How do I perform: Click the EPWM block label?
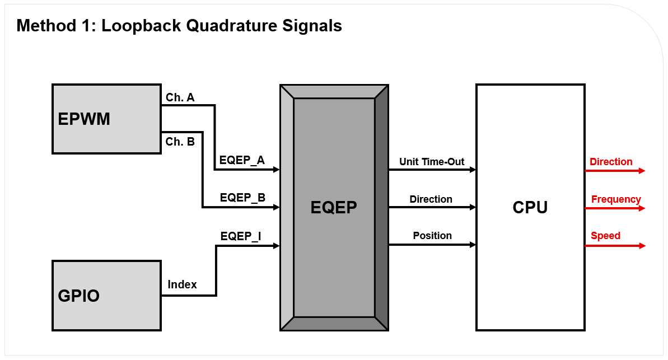pyautogui.click(x=84, y=119)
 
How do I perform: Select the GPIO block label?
pyautogui.click(x=79, y=295)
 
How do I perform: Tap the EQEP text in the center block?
pyautogui.click(x=334, y=208)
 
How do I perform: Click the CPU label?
pyautogui.click(x=530, y=208)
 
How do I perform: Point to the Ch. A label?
pyautogui.click(x=180, y=97)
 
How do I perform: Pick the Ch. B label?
pyautogui.click(x=180, y=142)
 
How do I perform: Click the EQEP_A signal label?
pyautogui.click(x=242, y=160)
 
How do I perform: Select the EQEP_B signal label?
pyautogui.click(x=242, y=198)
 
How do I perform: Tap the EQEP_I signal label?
pyautogui.click(x=241, y=236)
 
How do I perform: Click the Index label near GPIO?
pyautogui.click(x=183, y=284)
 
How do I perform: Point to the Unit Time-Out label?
pyautogui.click(x=432, y=162)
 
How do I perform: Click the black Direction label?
pyautogui.click(x=431, y=199)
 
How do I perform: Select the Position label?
pyautogui.click(x=432, y=236)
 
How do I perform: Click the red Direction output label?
pyautogui.click(x=611, y=162)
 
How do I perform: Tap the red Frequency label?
pyautogui.click(x=616, y=199)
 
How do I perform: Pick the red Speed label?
pyautogui.click(x=606, y=236)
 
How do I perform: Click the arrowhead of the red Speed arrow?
pyautogui.click(x=642, y=246)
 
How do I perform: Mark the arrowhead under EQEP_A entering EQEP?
pyautogui.click(x=276, y=170)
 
